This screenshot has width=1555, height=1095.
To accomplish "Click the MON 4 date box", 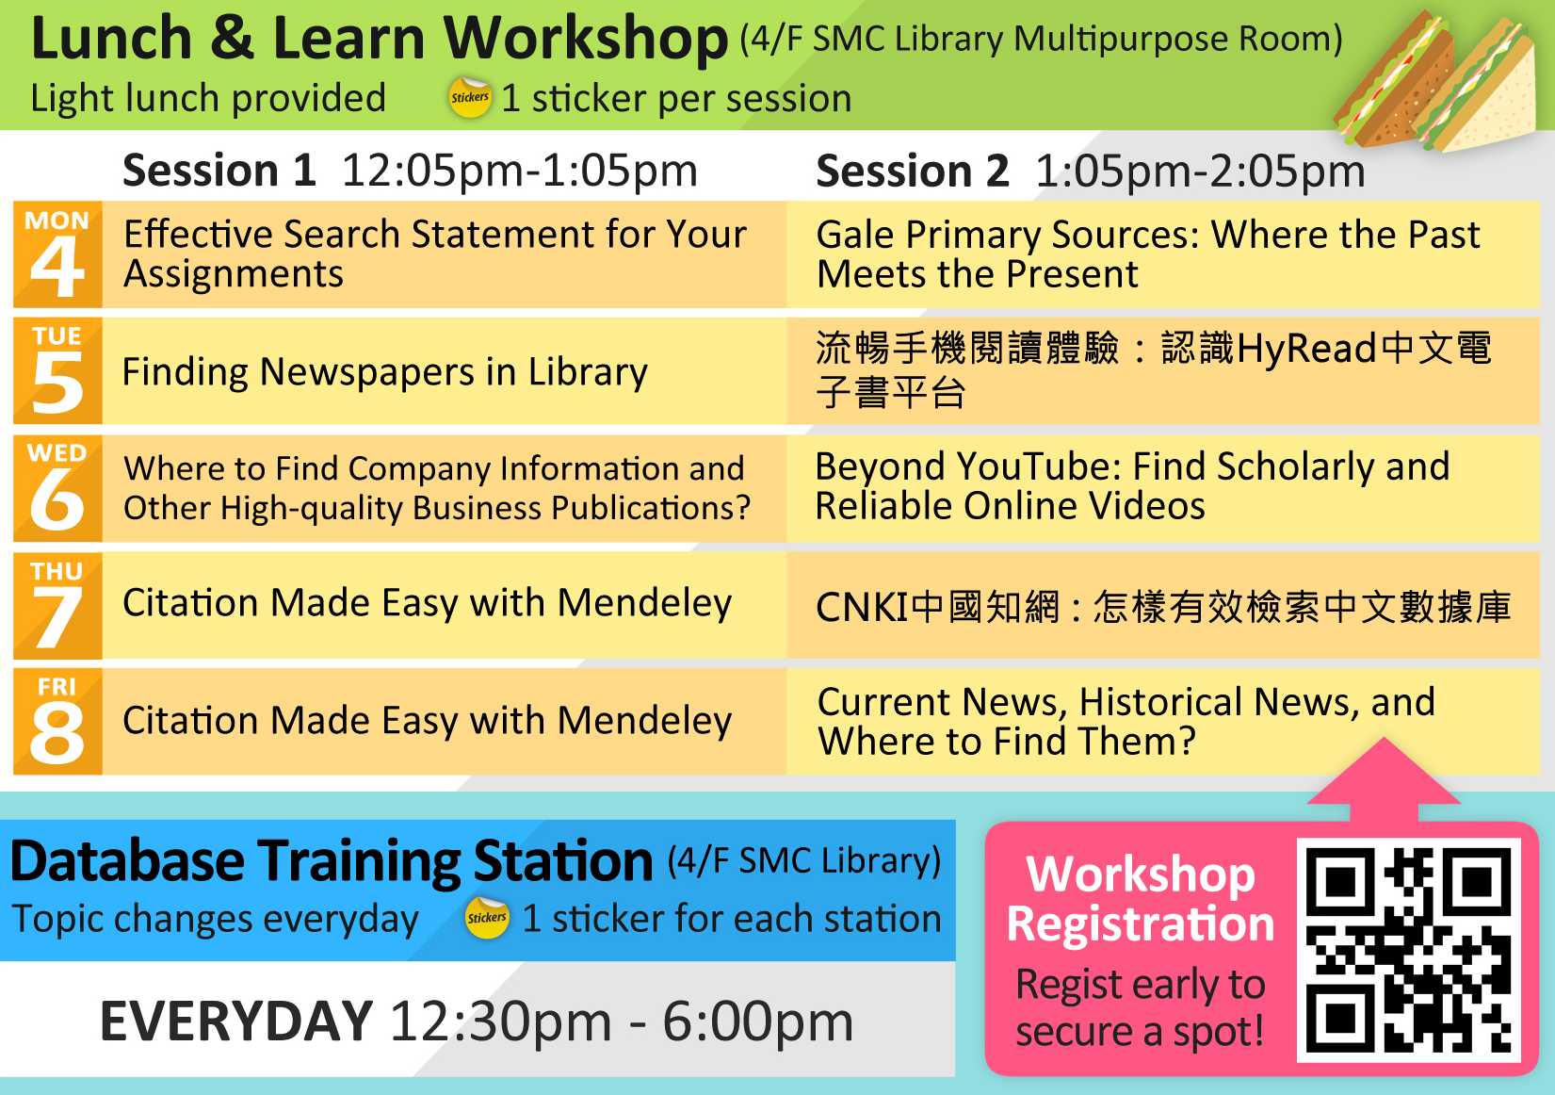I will point(57,254).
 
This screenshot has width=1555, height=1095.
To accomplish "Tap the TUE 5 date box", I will point(57,370).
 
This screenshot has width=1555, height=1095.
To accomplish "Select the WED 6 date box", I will point(57,488).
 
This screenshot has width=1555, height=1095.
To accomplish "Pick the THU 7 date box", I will point(57,605).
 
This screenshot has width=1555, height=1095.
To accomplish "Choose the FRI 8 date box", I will point(57,722).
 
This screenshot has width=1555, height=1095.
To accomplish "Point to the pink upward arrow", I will point(1384,777).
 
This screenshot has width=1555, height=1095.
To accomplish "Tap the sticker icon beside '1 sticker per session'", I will point(470,98).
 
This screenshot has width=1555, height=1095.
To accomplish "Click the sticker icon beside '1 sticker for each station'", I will point(487,918).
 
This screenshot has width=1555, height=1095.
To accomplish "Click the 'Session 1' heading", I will point(219,171).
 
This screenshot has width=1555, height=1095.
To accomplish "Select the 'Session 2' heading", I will point(912,171).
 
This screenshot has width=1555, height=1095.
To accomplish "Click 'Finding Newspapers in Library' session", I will point(385,372).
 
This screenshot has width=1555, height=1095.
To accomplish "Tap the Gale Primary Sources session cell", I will point(1147,254).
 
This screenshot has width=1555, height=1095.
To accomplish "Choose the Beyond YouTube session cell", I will point(1132,486).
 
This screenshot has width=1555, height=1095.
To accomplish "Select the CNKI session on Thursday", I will point(1162,607).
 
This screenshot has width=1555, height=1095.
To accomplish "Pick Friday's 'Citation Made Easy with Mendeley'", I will point(427,721).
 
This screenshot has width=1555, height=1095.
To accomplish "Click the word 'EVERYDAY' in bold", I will point(236,1021).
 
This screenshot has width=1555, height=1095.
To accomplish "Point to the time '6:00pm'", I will point(757,1021).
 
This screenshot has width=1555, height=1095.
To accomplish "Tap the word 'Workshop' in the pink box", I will point(1141,874).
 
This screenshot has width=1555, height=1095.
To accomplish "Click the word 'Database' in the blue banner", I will point(127,861).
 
